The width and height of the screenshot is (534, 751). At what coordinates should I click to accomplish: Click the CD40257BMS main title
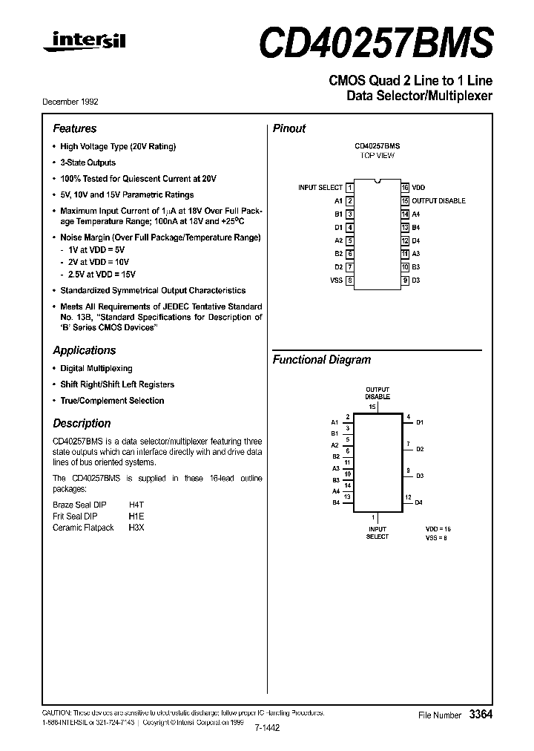point(375,43)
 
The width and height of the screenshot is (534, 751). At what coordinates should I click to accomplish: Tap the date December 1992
point(76,102)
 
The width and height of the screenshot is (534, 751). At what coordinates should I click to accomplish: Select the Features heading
point(74,128)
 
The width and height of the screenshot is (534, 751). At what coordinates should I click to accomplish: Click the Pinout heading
point(289,128)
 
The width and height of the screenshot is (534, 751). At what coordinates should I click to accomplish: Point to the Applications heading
point(85,350)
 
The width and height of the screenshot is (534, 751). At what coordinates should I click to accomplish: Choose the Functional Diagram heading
point(321,360)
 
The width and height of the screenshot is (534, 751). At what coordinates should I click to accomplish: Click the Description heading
point(82,423)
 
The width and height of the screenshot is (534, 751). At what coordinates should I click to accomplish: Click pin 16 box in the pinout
point(406,188)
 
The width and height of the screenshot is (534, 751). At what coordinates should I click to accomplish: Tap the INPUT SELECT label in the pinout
point(320,188)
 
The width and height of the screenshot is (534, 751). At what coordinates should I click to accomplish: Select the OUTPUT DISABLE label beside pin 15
point(439,201)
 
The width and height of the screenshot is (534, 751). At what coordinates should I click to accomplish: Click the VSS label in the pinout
point(336,281)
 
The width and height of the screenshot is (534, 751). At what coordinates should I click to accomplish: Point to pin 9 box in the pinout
point(406,281)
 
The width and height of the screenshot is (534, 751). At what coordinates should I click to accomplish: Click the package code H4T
point(137,503)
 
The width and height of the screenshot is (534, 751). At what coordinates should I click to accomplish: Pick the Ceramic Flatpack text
point(83,528)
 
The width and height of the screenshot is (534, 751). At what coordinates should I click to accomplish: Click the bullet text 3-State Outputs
point(88,163)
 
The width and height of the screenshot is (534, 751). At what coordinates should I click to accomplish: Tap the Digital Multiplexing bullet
point(96,368)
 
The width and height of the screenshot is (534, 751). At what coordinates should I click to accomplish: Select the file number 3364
point(481,715)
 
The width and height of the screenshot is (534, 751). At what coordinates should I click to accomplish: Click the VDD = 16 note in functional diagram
point(438,528)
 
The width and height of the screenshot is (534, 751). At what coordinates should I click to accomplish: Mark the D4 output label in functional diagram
point(419,502)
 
